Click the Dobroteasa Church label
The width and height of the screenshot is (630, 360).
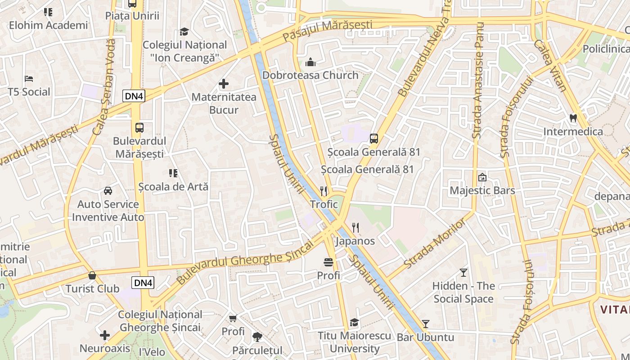310,75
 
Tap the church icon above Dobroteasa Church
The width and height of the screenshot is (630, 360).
310,63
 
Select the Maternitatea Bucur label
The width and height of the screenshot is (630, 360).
224,103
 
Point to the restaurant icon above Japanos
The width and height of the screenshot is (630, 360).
355,228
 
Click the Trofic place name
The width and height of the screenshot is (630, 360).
324,204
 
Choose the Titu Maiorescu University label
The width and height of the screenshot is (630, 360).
355,342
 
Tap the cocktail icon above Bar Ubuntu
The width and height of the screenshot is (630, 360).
425,324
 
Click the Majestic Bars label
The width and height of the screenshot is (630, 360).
482,190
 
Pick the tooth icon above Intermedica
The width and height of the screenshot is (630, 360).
573,118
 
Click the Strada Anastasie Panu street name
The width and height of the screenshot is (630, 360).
477,81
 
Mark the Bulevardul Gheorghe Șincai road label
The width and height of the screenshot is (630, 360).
245,262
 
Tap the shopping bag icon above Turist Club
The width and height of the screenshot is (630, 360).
92,275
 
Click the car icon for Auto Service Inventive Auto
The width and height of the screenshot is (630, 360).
108,191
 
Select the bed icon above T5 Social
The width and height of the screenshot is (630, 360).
29,79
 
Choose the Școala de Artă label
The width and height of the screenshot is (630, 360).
173,186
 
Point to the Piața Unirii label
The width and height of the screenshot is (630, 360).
132,16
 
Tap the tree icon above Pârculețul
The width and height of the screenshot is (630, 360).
257,337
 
